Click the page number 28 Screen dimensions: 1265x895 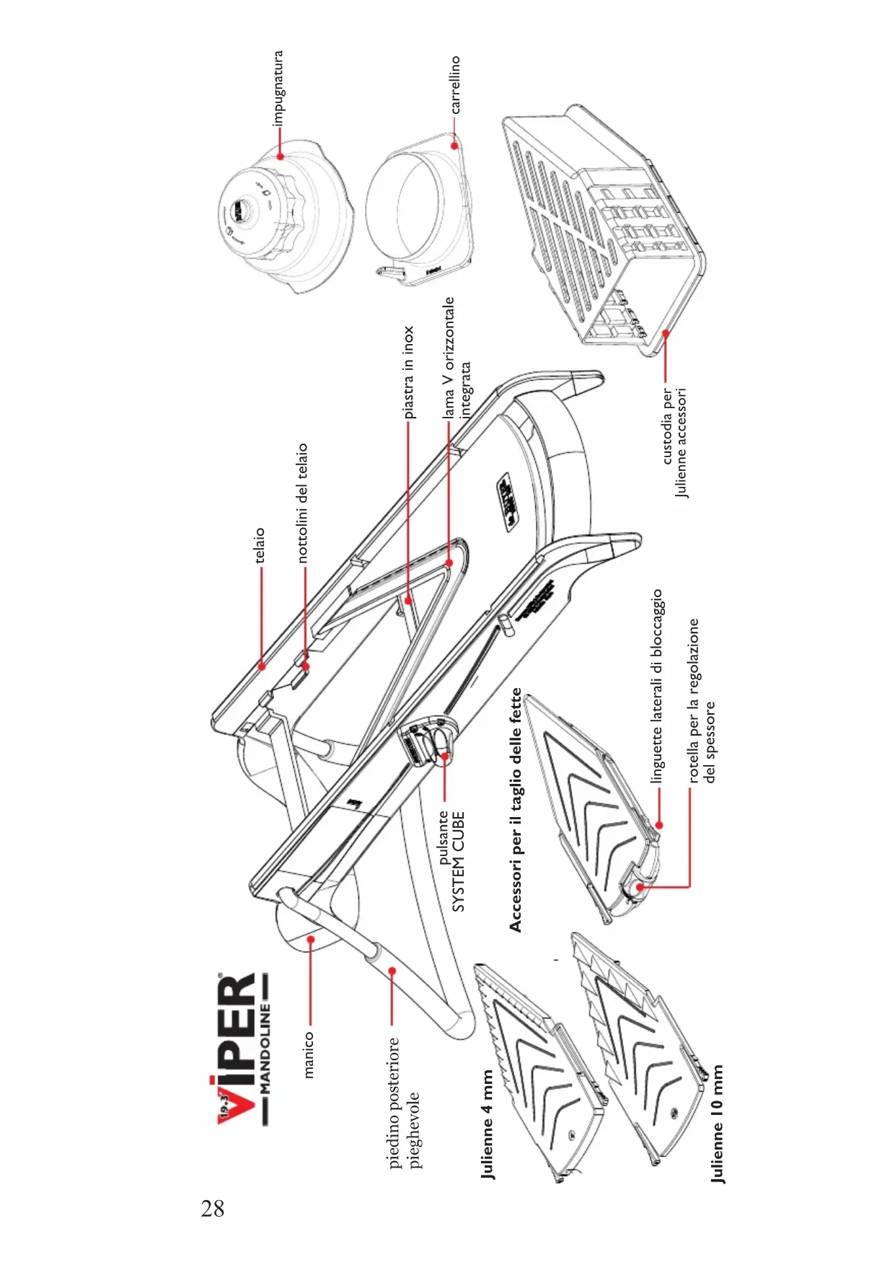coord(213,1208)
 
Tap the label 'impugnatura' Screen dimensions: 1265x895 coord(278,88)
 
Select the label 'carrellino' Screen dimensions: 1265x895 coord(455,85)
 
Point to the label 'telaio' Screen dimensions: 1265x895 coord(260,545)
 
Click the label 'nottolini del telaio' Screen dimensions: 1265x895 coord(302,503)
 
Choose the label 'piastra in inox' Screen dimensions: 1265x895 coord(409,372)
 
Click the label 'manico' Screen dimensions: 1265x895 coord(309,1054)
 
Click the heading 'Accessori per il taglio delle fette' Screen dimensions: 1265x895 coord(515,809)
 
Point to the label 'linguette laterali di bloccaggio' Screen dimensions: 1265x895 coord(656,686)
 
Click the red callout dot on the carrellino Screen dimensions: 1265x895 coord(454,145)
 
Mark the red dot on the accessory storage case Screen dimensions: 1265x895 coord(666,332)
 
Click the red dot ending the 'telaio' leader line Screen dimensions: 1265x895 coord(262,666)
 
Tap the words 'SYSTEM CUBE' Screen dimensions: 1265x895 coord(459,862)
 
